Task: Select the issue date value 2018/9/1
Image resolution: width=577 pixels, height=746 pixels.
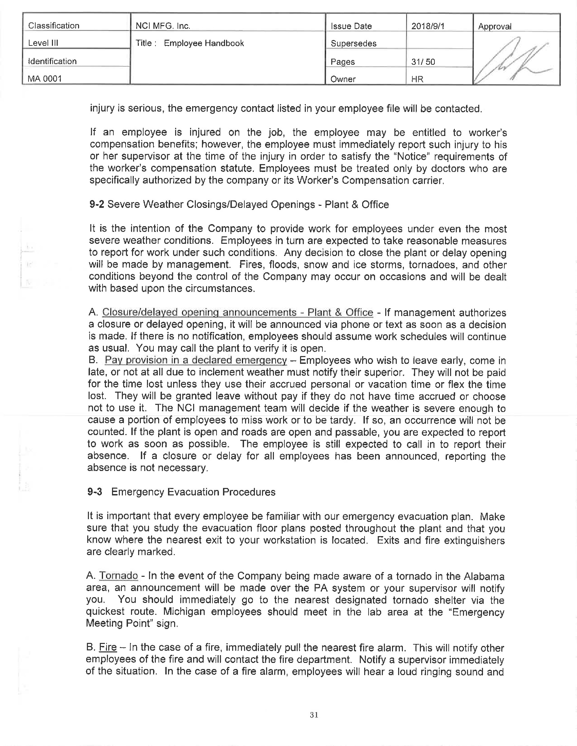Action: click(x=428, y=26)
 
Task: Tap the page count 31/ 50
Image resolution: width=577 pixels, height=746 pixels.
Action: click(x=423, y=62)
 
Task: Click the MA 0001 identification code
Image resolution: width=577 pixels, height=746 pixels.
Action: click(x=44, y=79)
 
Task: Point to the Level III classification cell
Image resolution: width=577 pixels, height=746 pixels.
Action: click(x=43, y=43)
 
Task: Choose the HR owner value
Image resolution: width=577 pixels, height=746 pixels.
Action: click(x=417, y=79)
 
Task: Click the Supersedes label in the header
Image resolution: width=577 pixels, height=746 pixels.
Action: click(x=353, y=43)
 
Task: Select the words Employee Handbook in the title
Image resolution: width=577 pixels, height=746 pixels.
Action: click(x=204, y=43)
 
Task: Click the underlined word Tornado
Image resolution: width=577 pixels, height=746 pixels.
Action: click(x=118, y=575)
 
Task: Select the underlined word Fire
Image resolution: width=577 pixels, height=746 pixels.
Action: click(x=108, y=647)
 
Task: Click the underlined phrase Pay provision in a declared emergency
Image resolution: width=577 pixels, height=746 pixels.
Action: click(x=196, y=360)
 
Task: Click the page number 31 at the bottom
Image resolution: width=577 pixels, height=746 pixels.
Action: click(x=314, y=715)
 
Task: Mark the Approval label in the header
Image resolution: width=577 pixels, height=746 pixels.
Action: click(x=494, y=26)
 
